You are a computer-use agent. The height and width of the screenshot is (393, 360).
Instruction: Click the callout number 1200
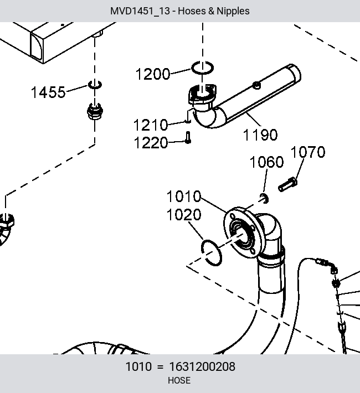153,74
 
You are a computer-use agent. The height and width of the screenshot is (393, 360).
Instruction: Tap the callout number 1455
48,92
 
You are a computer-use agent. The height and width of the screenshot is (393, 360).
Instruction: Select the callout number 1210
151,125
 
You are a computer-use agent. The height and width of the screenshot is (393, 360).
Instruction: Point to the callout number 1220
151,143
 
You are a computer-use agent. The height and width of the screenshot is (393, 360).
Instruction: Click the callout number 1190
260,135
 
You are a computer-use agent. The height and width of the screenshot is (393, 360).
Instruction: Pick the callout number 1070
308,152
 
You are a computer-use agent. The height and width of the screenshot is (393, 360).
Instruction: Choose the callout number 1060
266,162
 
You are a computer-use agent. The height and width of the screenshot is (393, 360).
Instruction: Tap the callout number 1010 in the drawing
184,196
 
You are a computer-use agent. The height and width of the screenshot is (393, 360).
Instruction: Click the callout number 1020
184,215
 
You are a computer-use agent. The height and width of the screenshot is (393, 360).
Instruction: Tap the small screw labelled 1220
188,138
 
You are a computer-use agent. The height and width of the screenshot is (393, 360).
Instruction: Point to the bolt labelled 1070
288,185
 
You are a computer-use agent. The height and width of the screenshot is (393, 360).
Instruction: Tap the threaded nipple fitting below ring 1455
95,112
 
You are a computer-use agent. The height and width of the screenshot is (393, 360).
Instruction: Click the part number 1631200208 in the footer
202,366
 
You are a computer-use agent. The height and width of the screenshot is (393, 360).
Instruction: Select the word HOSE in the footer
179,380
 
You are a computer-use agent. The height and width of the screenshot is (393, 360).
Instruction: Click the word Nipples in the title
233,11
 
